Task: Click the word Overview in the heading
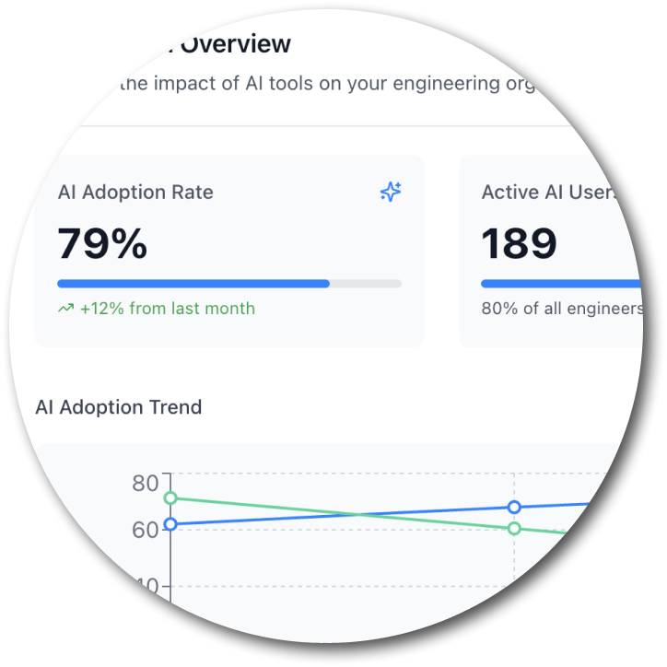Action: coord(237,44)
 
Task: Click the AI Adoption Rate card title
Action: coord(135,193)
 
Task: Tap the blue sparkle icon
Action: coord(391,192)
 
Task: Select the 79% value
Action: coord(102,244)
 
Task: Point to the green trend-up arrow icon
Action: coord(65,309)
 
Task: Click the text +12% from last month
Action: coord(168,309)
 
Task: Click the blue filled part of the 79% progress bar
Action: coord(193,284)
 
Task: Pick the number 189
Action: coord(519,244)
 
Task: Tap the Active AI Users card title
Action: coord(547,193)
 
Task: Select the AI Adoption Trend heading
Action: coord(118,407)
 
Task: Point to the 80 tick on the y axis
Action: coord(146,483)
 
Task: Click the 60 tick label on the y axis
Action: coord(146,530)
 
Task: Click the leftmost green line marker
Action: coord(170,498)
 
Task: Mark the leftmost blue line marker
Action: coord(170,524)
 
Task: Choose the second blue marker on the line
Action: coord(514,508)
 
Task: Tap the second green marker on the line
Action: coord(514,528)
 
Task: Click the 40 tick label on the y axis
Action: coord(147,586)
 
